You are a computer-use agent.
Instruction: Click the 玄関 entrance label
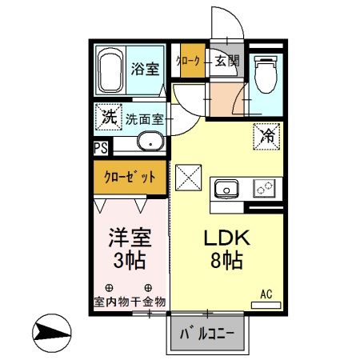(226, 61)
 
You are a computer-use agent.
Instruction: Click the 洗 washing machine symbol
(108, 116)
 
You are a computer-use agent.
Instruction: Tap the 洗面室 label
(144, 119)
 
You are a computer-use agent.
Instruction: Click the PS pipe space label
(101, 147)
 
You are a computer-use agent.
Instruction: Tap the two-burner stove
(264, 189)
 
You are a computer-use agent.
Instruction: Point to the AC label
(266, 294)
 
